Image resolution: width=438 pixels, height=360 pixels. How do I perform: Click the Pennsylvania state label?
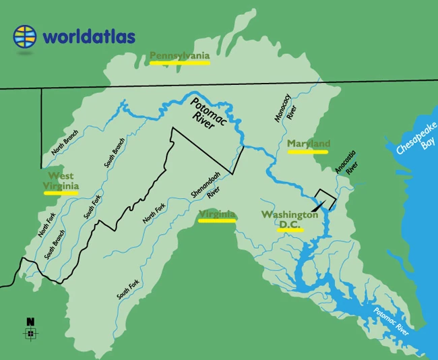click(x=179, y=55)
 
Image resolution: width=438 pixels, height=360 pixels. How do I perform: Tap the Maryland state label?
click(x=308, y=144)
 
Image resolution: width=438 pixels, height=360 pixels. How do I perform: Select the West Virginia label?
click(x=61, y=181)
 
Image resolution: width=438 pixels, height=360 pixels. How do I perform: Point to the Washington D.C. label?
click(x=290, y=219)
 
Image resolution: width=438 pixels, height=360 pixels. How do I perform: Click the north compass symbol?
click(x=30, y=333)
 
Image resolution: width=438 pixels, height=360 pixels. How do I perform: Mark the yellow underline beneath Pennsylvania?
click(x=179, y=62)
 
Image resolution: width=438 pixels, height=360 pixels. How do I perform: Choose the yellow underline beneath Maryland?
click(x=307, y=152)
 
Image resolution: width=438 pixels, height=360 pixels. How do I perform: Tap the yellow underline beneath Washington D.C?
click(x=290, y=230)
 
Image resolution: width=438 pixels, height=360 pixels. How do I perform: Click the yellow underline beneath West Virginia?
click(x=61, y=192)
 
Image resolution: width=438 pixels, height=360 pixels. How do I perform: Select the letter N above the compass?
click(x=30, y=322)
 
